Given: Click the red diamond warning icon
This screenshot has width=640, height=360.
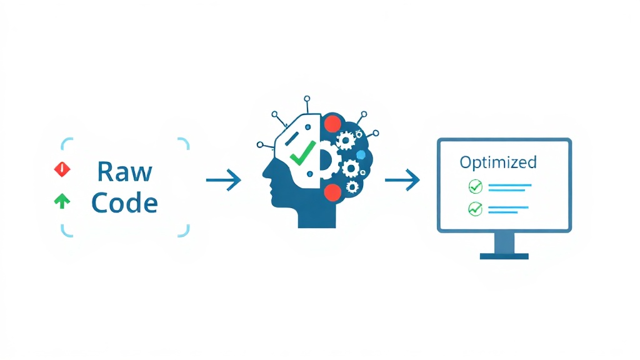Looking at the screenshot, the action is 62,169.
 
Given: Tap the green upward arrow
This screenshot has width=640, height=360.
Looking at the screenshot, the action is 62,201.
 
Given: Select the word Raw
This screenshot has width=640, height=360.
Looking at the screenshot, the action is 124,171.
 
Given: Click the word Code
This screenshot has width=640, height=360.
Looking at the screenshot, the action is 124,202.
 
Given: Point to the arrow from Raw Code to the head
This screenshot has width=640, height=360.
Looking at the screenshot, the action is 224,180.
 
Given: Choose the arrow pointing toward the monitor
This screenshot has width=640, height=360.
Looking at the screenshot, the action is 402,179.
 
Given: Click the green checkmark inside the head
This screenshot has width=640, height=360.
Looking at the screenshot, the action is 302,153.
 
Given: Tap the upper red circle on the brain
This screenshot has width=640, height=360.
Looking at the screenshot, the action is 332,124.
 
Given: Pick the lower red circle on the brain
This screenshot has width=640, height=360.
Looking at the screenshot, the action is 332,192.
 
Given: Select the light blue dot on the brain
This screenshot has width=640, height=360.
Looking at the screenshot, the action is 361,155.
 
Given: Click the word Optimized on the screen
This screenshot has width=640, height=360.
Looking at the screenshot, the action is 498,163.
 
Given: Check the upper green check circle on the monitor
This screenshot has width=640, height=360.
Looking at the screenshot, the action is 475,186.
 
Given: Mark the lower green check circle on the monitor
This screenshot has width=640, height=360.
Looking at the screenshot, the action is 475,209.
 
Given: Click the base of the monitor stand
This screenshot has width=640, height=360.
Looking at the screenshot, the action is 504,256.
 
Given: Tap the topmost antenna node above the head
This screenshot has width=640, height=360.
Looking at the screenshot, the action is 307,99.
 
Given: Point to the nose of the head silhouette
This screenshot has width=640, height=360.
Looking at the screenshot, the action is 264,174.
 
